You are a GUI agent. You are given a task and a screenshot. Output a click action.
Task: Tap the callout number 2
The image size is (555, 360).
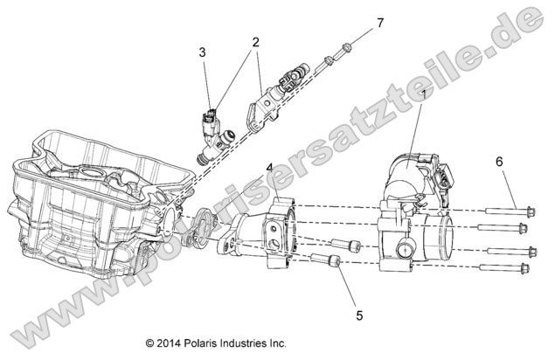coord(255,42)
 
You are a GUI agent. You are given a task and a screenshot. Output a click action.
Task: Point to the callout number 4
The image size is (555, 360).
coord(270,167)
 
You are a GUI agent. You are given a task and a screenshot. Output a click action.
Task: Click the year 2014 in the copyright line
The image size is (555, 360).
coord(171,343)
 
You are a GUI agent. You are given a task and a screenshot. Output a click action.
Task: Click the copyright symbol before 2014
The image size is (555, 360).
coord(149,343)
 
